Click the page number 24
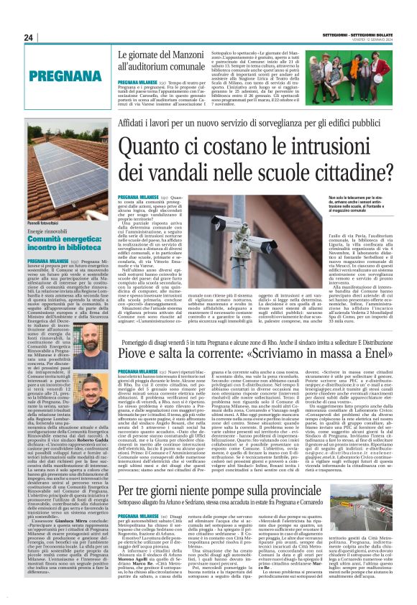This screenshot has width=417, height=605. pyautogui.click(x=28, y=37)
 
